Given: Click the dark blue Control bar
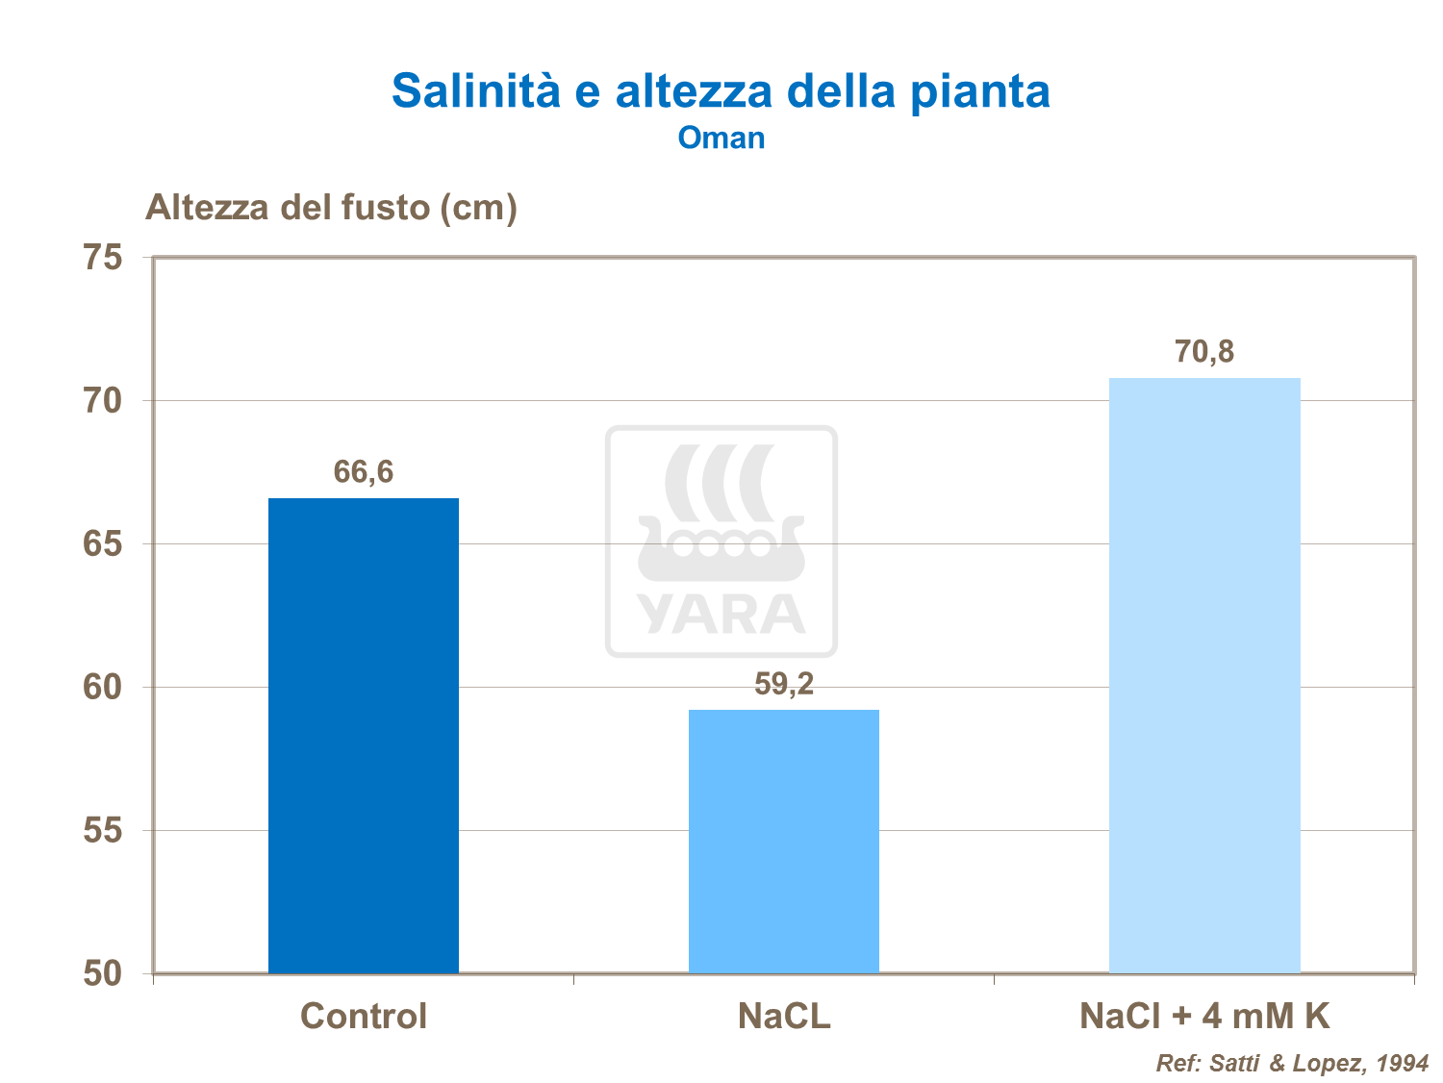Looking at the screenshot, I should click(364, 735).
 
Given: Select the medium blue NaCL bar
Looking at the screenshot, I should click(784, 841).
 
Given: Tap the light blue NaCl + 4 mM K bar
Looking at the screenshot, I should click(1204, 674).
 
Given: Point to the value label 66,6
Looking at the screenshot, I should click(364, 472).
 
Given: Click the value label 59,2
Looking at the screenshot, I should click(784, 684).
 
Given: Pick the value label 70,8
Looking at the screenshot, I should click(1204, 352).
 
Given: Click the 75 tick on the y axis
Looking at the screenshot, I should click(103, 258).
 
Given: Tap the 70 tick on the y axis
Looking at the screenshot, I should click(103, 401).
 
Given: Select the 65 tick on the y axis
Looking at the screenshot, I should click(103, 544).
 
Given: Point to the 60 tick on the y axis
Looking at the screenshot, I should click(103, 688).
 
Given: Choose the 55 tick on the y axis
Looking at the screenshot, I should click(103, 830).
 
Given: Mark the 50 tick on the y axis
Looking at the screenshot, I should click(103, 973).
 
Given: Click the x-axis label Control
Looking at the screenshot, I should click(364, 1016).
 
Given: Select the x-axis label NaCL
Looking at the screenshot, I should click(784, 1016).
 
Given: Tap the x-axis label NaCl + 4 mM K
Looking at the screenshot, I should click(1204, 1016).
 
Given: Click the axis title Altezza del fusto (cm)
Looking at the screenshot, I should click(331, 207).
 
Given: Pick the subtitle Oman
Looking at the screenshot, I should click(721, 138).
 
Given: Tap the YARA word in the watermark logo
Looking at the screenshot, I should click(721, 615).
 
